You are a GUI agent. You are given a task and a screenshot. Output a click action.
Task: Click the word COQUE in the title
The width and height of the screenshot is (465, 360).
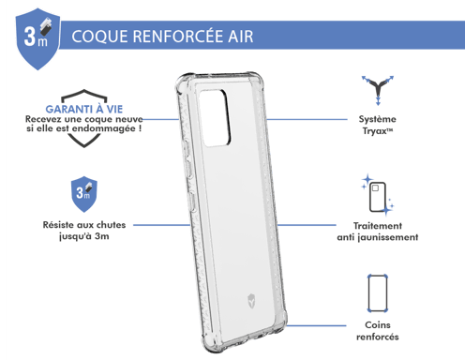coord(96,38)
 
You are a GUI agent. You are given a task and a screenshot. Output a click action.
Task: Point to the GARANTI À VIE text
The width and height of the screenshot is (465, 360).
coord(70,109)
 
